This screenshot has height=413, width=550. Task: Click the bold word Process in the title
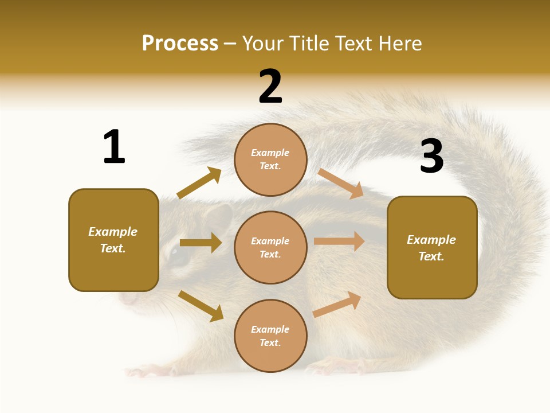tap(180, 44)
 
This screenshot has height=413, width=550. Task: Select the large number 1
tap(114, 147)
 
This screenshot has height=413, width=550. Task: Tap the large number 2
tap(270, 87)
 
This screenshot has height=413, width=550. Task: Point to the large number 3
tap(431, 156)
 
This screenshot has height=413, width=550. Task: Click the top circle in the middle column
tap(270, 159)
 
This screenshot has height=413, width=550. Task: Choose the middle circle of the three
tap(270, 247)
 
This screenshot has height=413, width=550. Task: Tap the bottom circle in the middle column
tap(270, 336)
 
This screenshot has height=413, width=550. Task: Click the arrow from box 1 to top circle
tap(199, 183)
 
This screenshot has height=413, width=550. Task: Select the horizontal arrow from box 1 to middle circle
tap(201, 243)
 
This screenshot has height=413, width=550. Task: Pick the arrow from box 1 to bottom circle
tap(201, 306)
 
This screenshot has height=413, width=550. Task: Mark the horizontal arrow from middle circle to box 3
tap(339, 241)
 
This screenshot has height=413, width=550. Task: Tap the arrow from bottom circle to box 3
tap(337, 304)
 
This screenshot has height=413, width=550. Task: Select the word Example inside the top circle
tap(270, 153)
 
